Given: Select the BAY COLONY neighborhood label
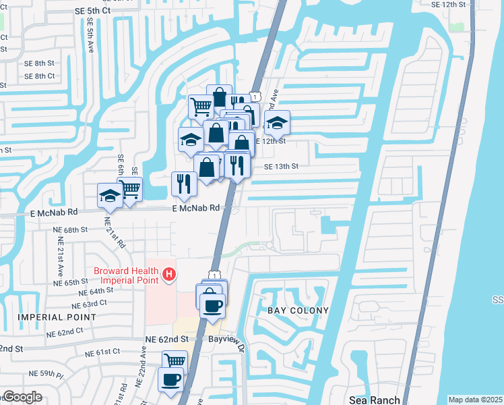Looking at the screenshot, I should pos(298,310).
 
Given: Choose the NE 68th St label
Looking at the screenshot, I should pos(70,230).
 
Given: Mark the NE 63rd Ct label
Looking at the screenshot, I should pos(90,304).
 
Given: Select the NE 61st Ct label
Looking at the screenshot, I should pos(102,352).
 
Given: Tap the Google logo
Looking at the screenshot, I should pos(22,397).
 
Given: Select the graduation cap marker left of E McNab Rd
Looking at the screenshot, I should pos(110,195).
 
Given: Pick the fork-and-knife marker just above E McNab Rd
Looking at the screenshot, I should pos(183,182).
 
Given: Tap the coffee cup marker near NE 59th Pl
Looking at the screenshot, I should pos(170,378).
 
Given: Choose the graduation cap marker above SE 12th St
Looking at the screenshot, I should pos(276,123).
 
